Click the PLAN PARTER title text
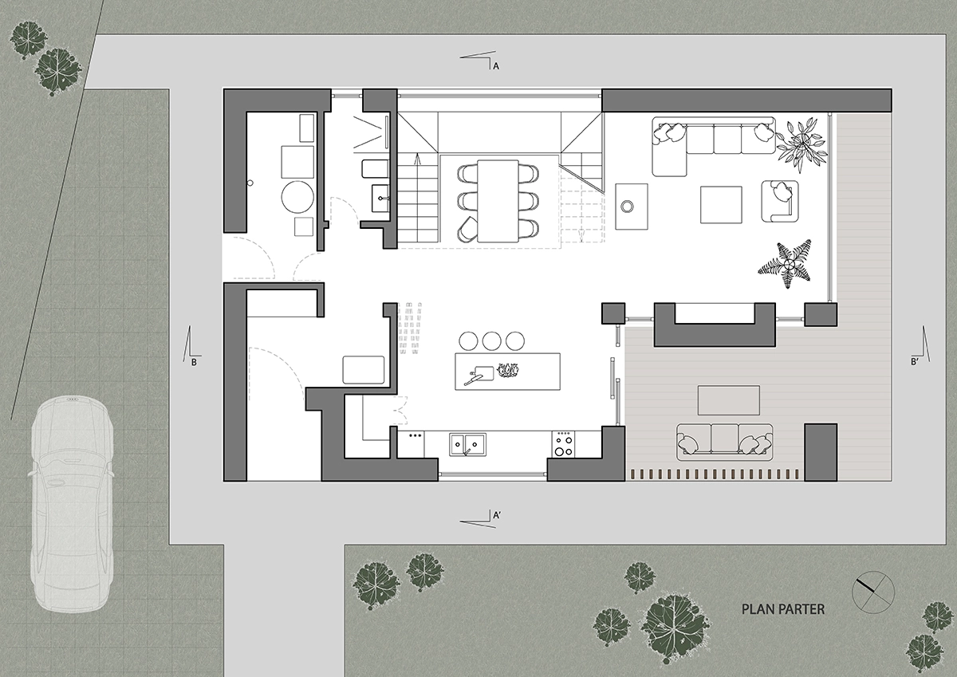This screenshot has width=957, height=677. coord(782,609)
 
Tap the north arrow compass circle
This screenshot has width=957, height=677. coord(873,592)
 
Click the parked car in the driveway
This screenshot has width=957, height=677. coord(71,504)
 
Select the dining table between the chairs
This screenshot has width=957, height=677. coord(498,201)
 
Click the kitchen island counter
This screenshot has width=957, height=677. coord(507,371)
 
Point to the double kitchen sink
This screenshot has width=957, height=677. coord(467,445)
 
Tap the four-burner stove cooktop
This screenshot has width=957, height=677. coord(563,444)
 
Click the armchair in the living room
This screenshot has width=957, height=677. coord(780,201)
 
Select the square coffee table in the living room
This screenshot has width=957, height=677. coord(721,205)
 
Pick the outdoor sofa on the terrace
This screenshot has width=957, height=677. coord(725,442)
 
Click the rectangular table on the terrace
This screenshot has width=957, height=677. coord(729,400)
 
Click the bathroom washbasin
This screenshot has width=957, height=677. coord(380,199)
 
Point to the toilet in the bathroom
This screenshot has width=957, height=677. coord(375,169)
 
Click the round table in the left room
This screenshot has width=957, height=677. coord(297,197)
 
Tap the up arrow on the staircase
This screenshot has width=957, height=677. coord(417,159)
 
